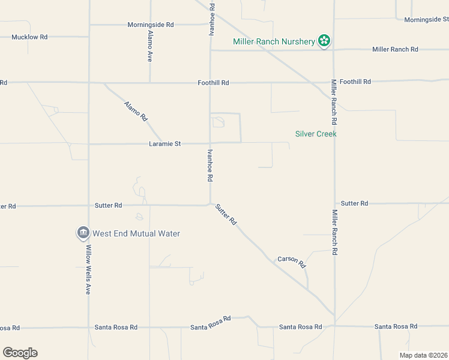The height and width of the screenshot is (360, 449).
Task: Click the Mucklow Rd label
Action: [x=29, y=37]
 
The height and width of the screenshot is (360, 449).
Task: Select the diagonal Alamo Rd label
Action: [x=136, y=112]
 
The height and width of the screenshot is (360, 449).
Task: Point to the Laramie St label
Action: [x=165, y=144]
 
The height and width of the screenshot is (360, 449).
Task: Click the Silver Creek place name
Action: [x=316, y=134]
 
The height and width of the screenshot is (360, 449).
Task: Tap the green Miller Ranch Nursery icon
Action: [x=324, y=41]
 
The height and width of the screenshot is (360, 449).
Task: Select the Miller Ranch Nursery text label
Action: [x=274, y=42]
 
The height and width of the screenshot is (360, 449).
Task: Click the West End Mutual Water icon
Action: [x=83, y=233]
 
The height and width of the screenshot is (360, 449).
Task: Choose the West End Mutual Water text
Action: [x=136, y=233]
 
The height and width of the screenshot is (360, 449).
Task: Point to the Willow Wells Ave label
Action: [x=88, y=269]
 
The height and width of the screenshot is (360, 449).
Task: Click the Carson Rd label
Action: [x=292, y=262]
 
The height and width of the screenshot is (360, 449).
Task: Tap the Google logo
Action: [x=20, y=352]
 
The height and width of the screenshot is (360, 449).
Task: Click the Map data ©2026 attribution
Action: [x=423, y=355]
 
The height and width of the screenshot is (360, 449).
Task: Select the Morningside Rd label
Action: [x=150, y=25]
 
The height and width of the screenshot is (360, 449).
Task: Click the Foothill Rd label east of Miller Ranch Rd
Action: [x=355, y=82]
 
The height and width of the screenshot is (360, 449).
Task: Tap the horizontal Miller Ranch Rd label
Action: [x=395, y=49]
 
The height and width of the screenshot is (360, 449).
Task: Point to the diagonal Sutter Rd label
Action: [x=226, y=214]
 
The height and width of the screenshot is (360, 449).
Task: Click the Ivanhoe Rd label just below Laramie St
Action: [x=209, y=166]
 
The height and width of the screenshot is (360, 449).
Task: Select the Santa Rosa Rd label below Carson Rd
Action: [x=300, y=327]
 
